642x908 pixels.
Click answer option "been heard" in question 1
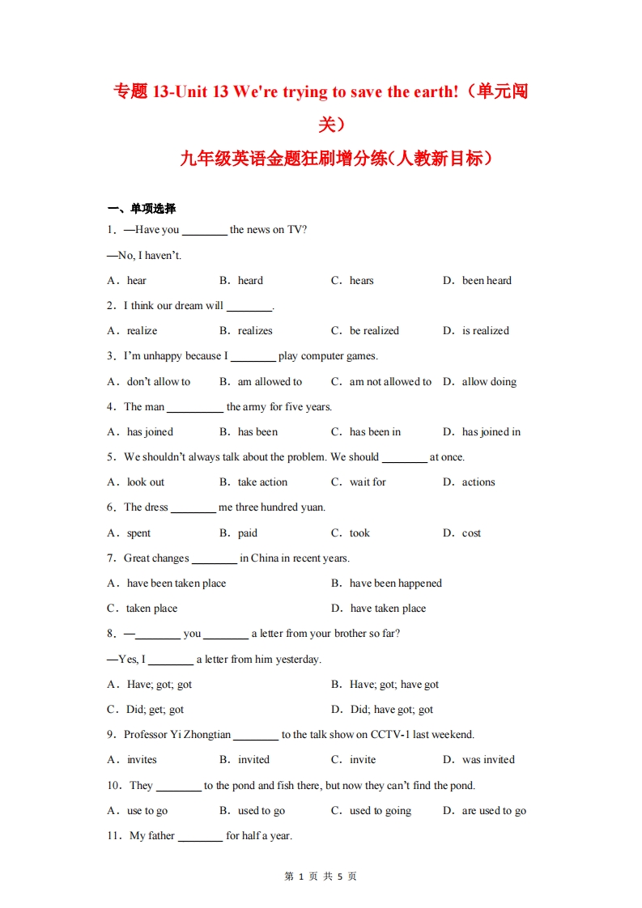(x=487, y=281)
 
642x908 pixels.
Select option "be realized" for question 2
(x=374, y=331)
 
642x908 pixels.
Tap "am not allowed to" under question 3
(x=390, y=382)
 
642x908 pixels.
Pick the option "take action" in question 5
(x=262, y=482)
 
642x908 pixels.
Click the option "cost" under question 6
(x=471, y=533)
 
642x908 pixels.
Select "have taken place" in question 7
(x=388, y=609)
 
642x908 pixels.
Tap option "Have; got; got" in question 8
(x=159, y=685)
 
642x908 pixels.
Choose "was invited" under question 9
(x=488, y=760)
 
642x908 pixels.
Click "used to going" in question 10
(x=381, y=811)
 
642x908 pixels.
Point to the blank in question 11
(x=200, y=838)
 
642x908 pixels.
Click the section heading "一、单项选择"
(x=142, y=209)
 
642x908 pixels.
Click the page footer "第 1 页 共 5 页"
(x=321, y=876)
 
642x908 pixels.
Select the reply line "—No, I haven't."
(x=144, y=256)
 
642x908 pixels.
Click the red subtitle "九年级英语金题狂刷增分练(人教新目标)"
(x=336, y=159)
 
